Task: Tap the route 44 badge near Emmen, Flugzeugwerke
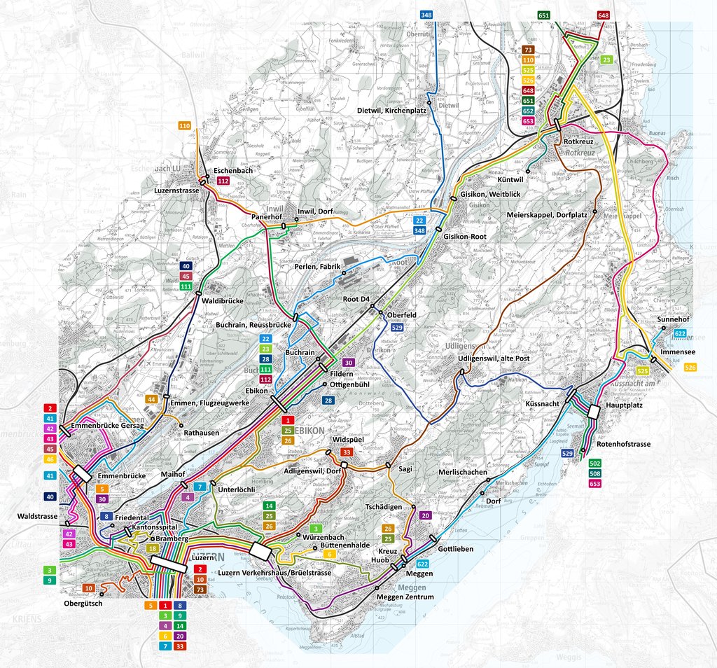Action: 151,399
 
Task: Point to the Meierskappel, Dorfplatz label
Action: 547,215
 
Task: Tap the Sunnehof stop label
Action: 674,319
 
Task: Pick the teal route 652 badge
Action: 528,111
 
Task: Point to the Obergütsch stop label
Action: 83,604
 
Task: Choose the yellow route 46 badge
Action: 50,459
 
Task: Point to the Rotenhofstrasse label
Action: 624,444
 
